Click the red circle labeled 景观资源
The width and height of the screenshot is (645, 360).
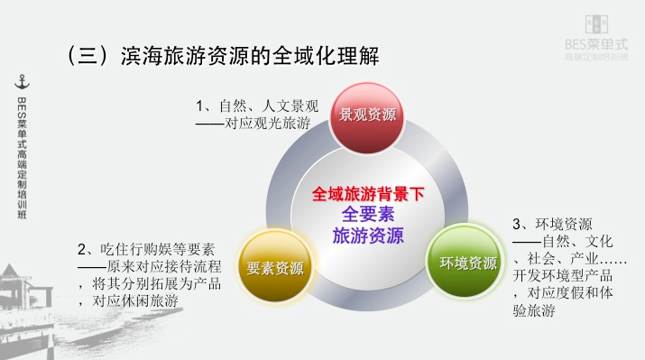click(367, 115)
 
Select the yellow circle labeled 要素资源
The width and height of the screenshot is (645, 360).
click(275, 268)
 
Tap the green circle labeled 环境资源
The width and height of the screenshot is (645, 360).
click(467, 263)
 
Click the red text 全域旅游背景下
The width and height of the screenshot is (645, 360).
click(368, 194)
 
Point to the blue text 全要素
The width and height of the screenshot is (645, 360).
click(368, 215)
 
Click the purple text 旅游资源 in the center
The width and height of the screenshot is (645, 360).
click(368, 236)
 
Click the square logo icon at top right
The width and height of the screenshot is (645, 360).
click(596, 23)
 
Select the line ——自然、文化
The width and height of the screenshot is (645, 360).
click(563, 241)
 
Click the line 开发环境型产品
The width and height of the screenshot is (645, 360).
click(563, 275)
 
